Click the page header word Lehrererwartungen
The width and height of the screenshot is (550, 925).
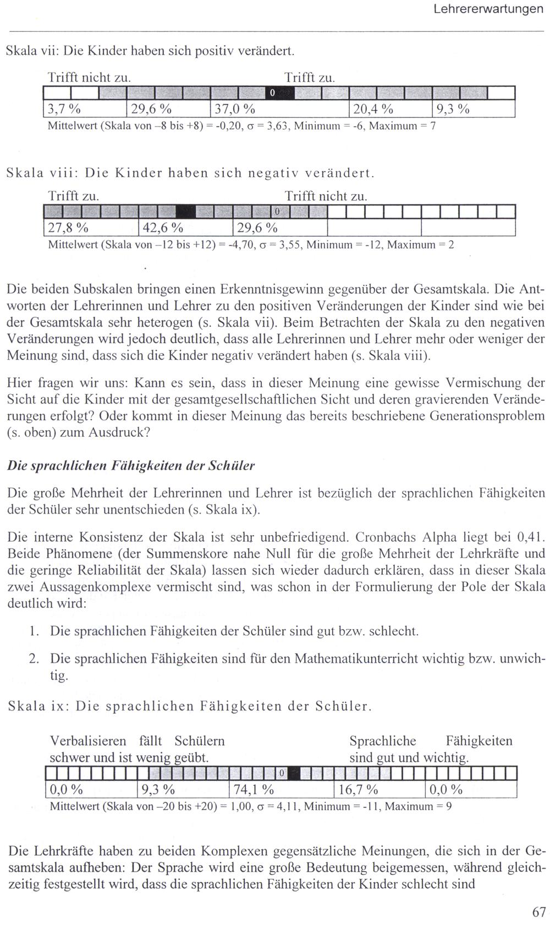click(x=488, y=9)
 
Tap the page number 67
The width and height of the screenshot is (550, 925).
click(x=539, y=912)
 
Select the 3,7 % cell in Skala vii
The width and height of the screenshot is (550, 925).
click(x=85, y=108)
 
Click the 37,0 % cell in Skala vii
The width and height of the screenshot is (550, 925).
click(x=279, y=108)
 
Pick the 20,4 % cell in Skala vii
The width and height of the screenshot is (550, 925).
click(x=391, y=108)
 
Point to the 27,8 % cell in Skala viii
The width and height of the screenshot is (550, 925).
click(x=90, y=228)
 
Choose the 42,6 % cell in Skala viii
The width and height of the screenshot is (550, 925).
click(x=184, y=228)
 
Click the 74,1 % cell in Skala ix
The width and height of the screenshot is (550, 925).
click(x=280, y=790)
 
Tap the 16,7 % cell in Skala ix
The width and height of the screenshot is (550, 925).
click(x=380, y=790)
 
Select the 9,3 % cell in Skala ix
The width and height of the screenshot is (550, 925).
click(x=182, y=790)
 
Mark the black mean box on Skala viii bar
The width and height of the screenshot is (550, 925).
click(x=185, y=211)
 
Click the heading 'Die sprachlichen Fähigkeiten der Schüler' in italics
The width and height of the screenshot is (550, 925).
click(x=131, y=466)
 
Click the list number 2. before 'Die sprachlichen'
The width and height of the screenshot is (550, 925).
click(x=34, y=658)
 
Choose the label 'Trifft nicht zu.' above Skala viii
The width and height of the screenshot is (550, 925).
click(x=326, y=196)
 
